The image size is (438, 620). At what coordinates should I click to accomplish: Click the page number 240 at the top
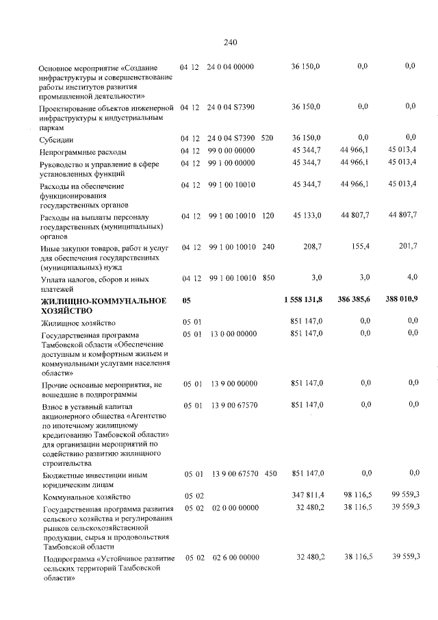click(x=230, y=42)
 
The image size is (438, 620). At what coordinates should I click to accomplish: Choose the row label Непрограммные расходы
click(x=83, y=151)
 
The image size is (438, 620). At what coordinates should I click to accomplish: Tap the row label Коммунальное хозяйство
click(x=85, y=497)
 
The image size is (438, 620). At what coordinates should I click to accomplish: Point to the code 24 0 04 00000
click(x=230, y=66)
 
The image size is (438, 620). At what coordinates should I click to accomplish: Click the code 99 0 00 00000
click(x=230, y=151)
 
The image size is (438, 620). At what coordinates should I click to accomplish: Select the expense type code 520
click(x=267, y=138)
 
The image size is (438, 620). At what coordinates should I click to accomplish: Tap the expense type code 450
click(x=270, y=473)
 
